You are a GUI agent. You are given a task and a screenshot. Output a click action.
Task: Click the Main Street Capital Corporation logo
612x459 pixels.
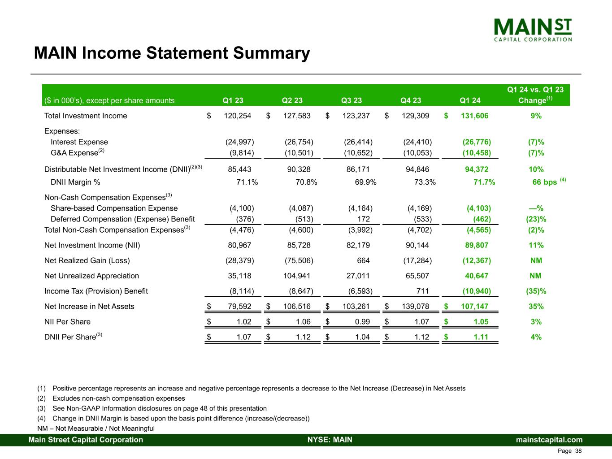[533, 30]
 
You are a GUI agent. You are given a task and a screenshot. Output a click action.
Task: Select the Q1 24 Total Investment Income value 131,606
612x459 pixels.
[474, 116]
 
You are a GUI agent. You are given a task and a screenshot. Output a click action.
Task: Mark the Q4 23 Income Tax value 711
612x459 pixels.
[422, 291]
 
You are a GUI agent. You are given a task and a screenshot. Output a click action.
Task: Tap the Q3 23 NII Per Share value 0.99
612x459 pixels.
[361, 322]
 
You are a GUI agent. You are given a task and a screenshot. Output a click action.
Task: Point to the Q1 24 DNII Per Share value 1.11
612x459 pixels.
[481, 337]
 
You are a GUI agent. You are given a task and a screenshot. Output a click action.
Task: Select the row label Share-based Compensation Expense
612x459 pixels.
[114, 208]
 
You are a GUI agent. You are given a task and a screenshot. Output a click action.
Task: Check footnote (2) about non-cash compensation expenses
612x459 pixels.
[118, 398]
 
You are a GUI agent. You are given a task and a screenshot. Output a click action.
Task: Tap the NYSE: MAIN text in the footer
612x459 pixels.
[330, 440]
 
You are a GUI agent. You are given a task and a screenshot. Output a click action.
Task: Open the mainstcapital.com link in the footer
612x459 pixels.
[549, 440]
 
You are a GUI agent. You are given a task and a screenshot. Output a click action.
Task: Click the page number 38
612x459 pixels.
[578, 451]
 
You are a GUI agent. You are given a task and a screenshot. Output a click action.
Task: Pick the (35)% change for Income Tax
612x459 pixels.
[536, 291]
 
